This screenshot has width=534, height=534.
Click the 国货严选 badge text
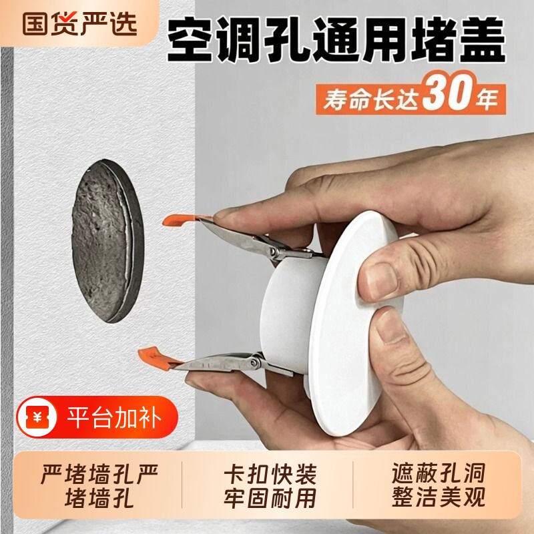[x=79, y=23]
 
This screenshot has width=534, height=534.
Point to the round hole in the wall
[x=107, y=241]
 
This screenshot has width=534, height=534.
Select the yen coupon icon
[x=37, y=417]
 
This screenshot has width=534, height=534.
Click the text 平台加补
[x=114, y=418]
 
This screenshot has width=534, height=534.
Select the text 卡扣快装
[x=270, y=474]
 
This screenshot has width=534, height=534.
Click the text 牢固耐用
[x=270, y=498]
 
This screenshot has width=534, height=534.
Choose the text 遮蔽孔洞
[x=439, y=473]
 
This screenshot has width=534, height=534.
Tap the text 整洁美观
[x=439, y=497]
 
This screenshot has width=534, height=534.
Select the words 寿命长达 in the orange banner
[x=370, y=99]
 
